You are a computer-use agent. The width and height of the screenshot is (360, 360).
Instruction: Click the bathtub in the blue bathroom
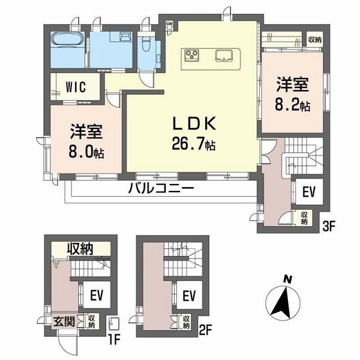coord(67,40)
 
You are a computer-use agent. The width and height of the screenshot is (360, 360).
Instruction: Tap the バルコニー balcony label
coord(161,188)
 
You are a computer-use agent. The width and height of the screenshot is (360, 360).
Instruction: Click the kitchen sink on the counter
coord(224,54)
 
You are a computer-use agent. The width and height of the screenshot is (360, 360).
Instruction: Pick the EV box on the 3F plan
coord(307,192)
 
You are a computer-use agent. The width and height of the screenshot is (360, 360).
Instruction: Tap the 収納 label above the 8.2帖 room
coord(314,40)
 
